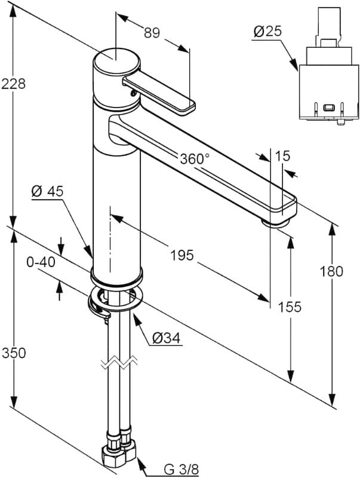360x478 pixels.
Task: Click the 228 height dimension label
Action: pos(13,84)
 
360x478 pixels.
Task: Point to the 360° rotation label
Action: pos(195,159)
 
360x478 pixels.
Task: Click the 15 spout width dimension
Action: pos(283,157)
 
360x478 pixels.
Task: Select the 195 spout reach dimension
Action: pos(181,255)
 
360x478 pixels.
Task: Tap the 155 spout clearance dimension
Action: pos(289,307)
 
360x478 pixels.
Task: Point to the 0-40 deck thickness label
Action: pos(41,262)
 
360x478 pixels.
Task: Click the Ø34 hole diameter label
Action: pos(166,338)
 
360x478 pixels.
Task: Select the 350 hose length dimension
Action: pos(13,353)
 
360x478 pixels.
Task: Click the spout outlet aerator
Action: pos(277,222)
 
